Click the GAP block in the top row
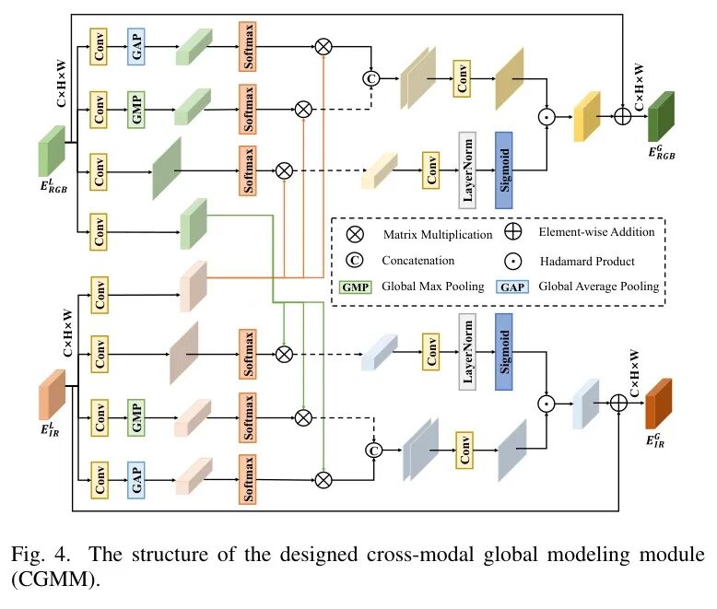click(136, 46)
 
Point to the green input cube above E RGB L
click(50, 150)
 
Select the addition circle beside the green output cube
click(622, 117)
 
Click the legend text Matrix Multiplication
click(434, 235)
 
